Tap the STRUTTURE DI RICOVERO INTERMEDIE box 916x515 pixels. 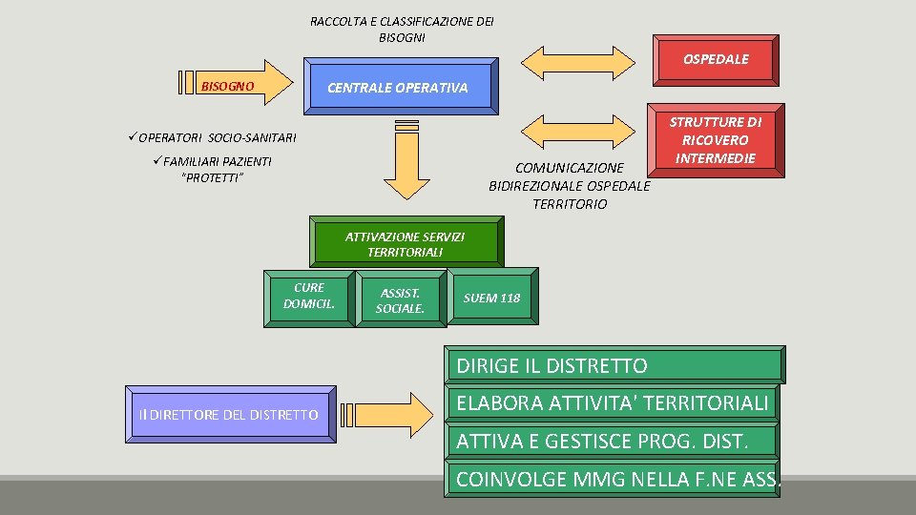[x=715, y=140]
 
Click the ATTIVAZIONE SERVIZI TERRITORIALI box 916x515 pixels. [x=405, y=243]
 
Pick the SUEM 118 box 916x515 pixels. [x=491, y=299]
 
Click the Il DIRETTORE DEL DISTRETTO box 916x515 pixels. [x=226, y=415]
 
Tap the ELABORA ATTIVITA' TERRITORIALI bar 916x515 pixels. [x=612, y=403]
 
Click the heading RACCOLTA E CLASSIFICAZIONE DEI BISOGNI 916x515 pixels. [x=402, y=30]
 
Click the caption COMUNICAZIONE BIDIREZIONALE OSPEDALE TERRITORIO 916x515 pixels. [x=569, y=186]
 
